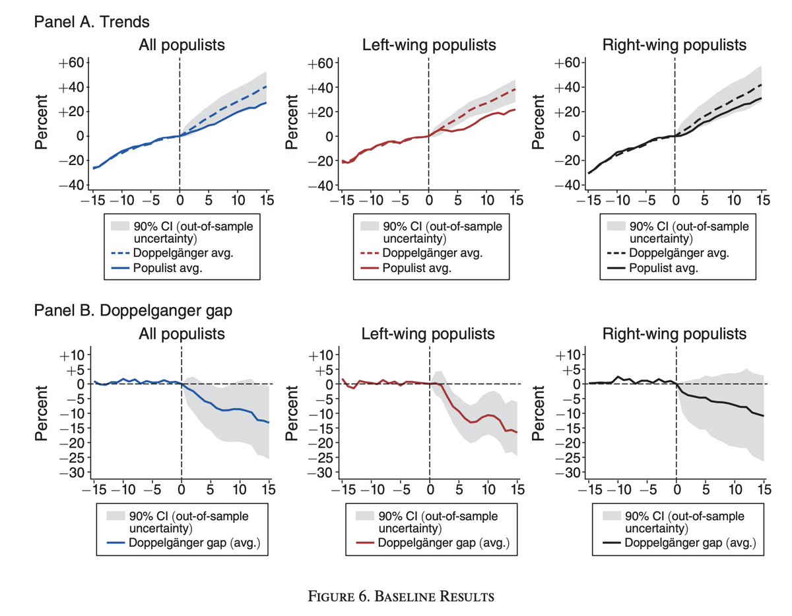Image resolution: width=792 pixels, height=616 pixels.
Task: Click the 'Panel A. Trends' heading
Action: [92, 22]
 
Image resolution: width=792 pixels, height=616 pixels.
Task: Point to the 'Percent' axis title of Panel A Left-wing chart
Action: [290, 123]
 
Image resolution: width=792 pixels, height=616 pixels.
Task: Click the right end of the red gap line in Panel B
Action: [517, 432]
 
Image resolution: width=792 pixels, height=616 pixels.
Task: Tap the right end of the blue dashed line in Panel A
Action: [266, 86]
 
